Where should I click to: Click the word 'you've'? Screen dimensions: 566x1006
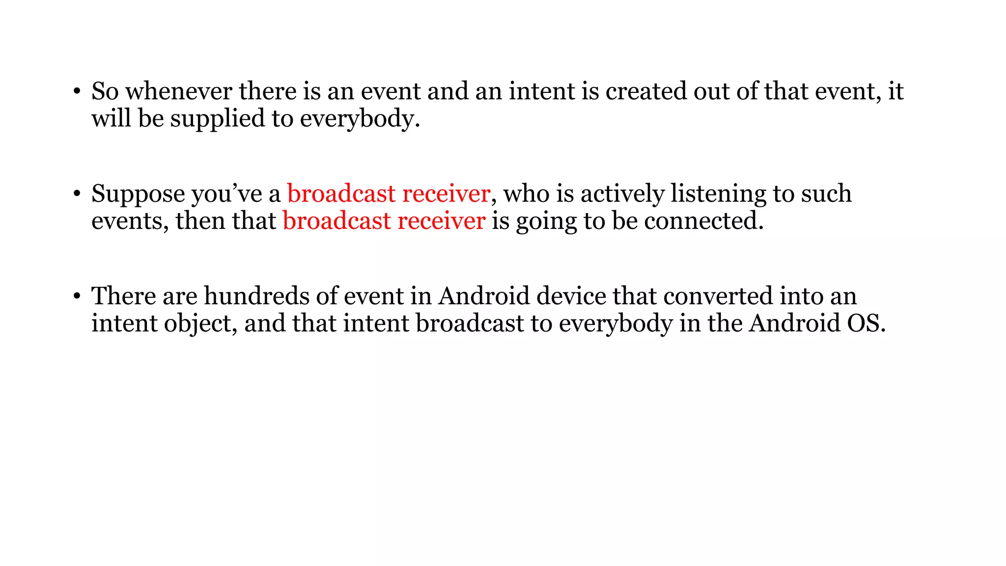[227, 194]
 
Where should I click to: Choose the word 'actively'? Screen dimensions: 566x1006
[622, 194]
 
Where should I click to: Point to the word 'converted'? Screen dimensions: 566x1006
[718, 296]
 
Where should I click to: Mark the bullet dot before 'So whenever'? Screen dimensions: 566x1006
[77, 92]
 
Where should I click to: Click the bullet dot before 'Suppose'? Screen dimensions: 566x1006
[77, 194]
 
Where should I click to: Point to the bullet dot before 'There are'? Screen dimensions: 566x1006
[77, 296]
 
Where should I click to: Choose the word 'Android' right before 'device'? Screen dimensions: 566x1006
[484, 296]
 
